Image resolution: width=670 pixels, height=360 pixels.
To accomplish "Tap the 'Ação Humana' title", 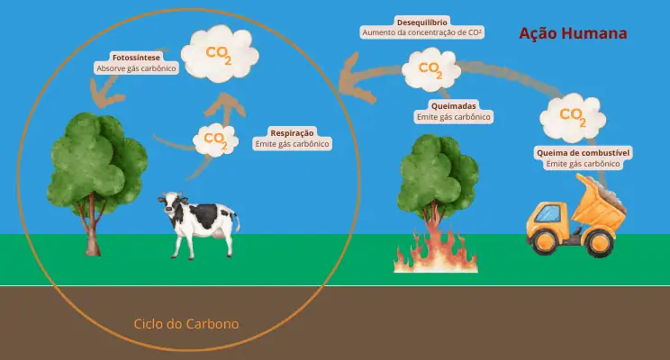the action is coord(573,33).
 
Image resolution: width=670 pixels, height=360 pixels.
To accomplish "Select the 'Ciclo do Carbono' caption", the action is coord(186,324).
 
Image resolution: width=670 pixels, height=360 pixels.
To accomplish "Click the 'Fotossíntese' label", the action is coord(136,58).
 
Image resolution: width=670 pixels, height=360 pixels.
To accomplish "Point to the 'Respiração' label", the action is coord(293,133).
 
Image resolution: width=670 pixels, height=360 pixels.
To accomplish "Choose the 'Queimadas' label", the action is coord(453,106).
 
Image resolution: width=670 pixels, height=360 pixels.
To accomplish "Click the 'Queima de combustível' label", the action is coord(584,152).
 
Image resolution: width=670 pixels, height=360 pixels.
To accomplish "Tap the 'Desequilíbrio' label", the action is coord(422,22).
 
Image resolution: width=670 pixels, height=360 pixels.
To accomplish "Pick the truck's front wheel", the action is coord(545,241).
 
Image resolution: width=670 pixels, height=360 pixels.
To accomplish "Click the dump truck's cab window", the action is coord(548,212).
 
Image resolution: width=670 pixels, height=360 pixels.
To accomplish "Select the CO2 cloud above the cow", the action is coord(215,140).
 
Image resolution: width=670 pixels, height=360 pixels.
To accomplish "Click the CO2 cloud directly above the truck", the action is coord(573,117).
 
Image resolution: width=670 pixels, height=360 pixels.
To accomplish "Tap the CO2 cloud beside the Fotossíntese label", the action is coord(220,53).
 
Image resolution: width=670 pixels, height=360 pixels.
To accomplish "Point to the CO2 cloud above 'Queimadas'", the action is coord(431,69).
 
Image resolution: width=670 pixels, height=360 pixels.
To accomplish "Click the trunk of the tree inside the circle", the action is coord(92,226).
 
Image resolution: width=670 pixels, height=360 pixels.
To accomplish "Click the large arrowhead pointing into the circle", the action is coord(356,80).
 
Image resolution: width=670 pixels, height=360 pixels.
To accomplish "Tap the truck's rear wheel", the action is coord(600,243).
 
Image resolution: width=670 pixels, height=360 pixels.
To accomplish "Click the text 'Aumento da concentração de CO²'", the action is coord(422,32).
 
